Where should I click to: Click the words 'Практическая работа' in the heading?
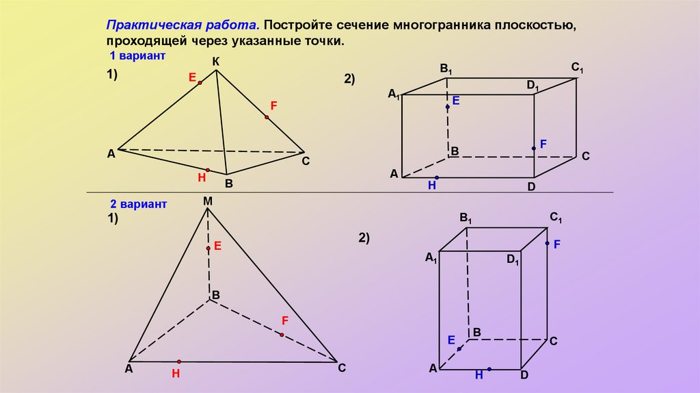coord(181,25)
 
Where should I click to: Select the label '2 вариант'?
coord(139,204)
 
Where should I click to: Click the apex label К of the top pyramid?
coord(216,62)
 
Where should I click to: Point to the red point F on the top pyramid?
coord(267,118)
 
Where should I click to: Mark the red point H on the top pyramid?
coord(208,169)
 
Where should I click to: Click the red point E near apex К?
coord(200,83)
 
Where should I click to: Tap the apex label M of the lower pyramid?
coord(208,201)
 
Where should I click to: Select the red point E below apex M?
coord(208,249)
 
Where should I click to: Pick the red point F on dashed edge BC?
coord(281,335)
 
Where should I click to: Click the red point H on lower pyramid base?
coord(178,362)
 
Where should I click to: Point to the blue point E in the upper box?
coord(448,107)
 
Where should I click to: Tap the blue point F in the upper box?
coord(535,148)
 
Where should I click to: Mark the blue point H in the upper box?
coord(436,178)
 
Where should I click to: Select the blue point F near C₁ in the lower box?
coord(547,243)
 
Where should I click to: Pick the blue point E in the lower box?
coord(459,348)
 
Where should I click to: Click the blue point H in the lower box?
coord(489,370)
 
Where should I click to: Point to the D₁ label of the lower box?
coord(513,260)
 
